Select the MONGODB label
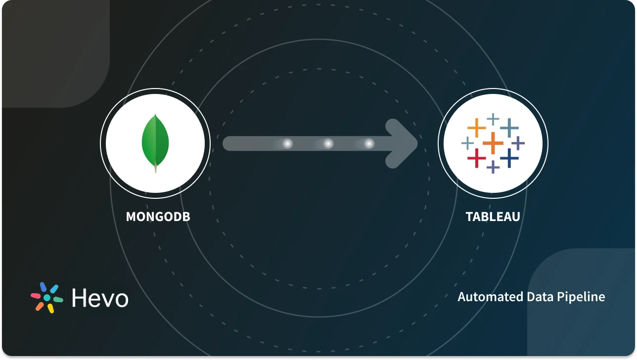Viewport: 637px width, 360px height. [158, 217]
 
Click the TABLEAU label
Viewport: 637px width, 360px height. [493, 217]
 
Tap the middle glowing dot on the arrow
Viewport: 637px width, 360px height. [328, 143]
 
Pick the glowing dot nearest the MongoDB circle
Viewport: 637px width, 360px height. [287, 143]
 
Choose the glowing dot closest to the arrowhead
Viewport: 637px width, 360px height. [369, 143]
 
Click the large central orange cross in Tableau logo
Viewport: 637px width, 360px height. [493, 143]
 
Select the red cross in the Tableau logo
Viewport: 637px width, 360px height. [476, 158]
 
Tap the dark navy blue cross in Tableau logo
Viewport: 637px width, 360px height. [509, 158]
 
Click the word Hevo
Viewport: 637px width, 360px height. [100, 298]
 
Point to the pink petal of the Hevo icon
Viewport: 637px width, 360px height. [36, 296]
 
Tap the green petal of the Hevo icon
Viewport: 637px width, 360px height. [58, 300]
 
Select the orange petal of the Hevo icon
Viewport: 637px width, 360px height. [40, 306]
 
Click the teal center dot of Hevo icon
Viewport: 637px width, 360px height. [47, 298]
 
